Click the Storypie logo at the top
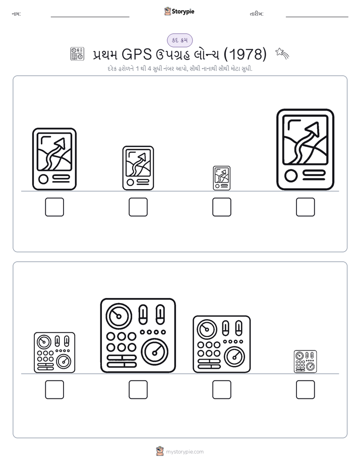(x=179, y=11)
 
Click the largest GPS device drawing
(x=306, y=149)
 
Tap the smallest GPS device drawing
(x=221, y=178)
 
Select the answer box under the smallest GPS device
(x=221, y=207)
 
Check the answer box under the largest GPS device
(x=306, y=207)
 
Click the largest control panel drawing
(x=138, y=335)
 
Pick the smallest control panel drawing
(x=306, y=362)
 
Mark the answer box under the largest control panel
(x=138, y=389)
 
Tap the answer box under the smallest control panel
(x=306, y=389)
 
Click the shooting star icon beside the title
(x=282, y=53)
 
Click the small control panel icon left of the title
(x=77, y=54)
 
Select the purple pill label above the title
(x=179, y=40)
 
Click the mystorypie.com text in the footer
(x=185, y=452)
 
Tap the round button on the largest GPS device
(x=291, y=176)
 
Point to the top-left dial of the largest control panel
(x=119, y=316)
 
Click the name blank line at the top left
(x=90, y=17)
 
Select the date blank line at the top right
(x=317, y=17)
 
